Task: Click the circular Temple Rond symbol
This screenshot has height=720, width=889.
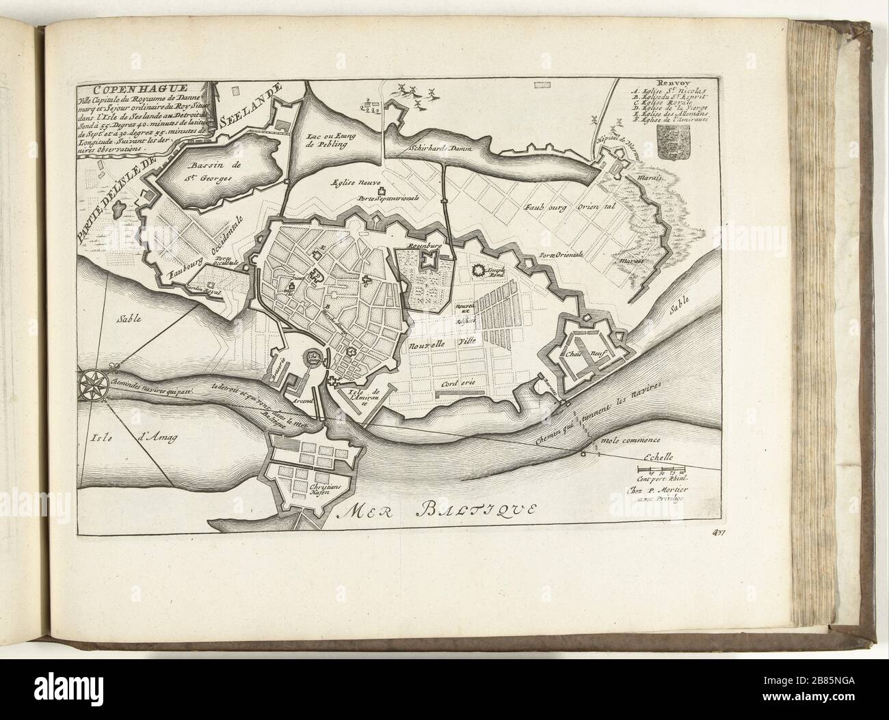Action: [x=477, y=270]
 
